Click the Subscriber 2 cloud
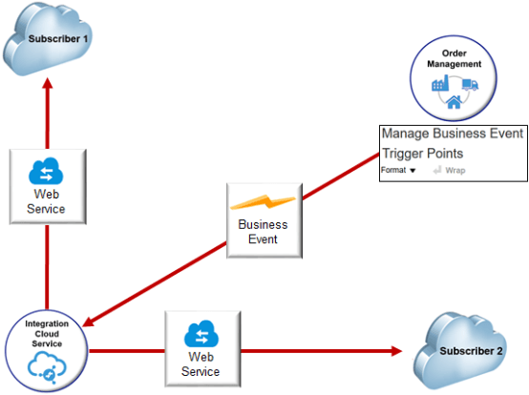[x=467, y=350]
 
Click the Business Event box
[x=264, y=219]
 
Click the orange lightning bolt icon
[x=264, y=202]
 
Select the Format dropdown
[x=398, y=170]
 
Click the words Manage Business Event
[x=452, y=134]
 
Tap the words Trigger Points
[x=422, y=154]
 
